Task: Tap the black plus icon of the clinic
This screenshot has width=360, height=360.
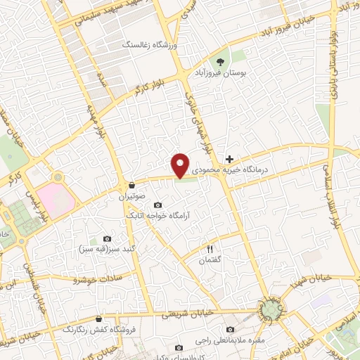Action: pos(229,159)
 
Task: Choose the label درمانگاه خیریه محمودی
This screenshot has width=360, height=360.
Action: pos(251,169)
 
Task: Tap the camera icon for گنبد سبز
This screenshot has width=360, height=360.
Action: pos(107,238)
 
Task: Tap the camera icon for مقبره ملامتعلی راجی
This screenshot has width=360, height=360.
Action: pos(231,329)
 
